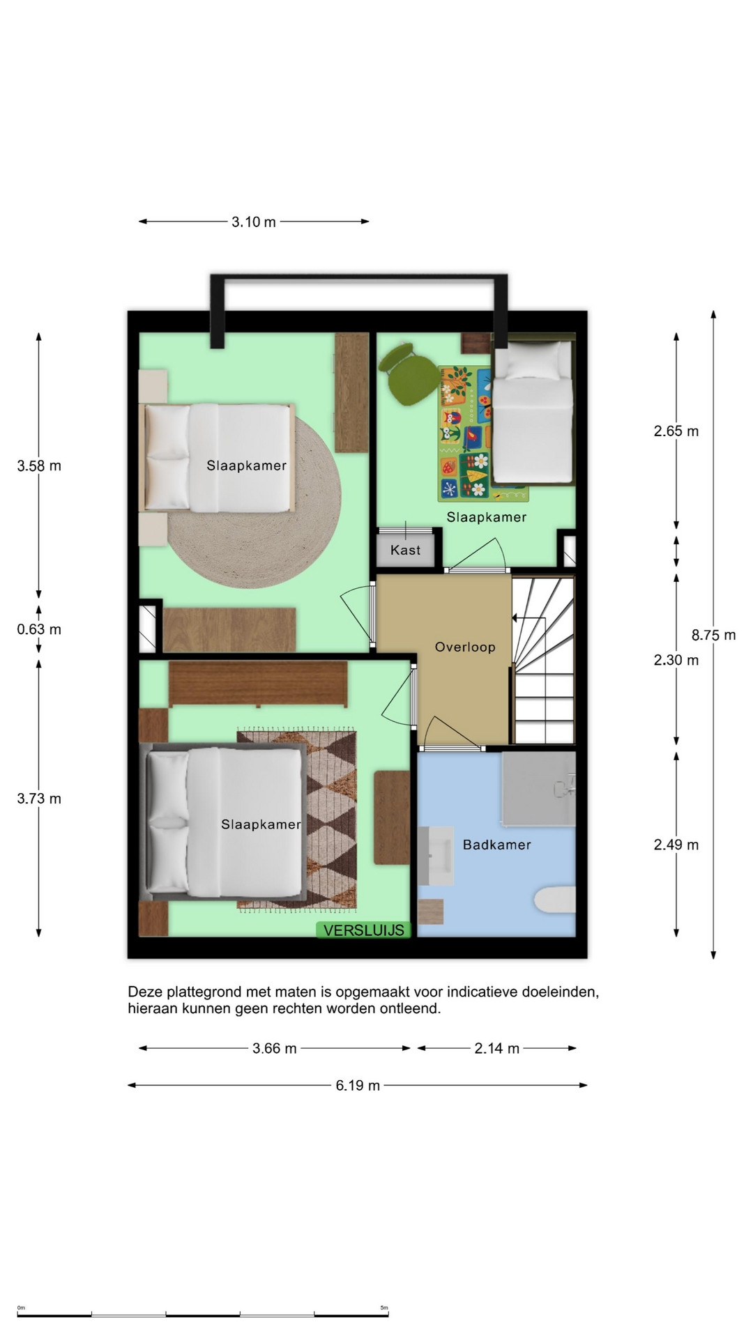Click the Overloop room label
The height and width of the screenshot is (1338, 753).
pyautogui.click(x=465, y=647)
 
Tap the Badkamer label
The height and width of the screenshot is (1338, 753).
pyautogui.click(x=497, y=845)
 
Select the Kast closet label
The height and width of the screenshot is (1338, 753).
pyautogui.click(x=406, y=550)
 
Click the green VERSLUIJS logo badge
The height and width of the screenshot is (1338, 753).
pyautogui.click(x=364, y=930)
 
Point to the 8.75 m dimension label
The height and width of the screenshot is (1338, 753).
pyautogui.click(x=713, y=635)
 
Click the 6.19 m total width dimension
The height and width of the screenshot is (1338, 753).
pyautogui.click(x=358, y=1085)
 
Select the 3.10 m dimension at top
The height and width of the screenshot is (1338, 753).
pyautogui.click(x=254, y=222)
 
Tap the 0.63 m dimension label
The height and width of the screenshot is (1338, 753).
pyautogui.click(x=39, y=629)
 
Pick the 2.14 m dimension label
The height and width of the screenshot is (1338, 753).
pyautogui.click(x=497, y=1048)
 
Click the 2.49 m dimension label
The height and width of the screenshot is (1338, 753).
pyautogui.click(x=676, y=845)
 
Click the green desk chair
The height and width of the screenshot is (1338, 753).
pyautogui.click(x=406, y=372)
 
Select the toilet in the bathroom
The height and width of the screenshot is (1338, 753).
pyautogui.click(x=556, y=899)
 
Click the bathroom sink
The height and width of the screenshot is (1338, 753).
pyautogui.click(x=436, y=856)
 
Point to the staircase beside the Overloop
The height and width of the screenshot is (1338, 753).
pyautogui.click(x=544, y=660)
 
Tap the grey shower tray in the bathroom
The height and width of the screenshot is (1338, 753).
pyautogui.click(x=539, y=787)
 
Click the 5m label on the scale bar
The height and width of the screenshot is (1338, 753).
pyautogui.click(x=384, y=1307)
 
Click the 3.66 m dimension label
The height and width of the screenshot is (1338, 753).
pyautogui.click(x=275, y=1048)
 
